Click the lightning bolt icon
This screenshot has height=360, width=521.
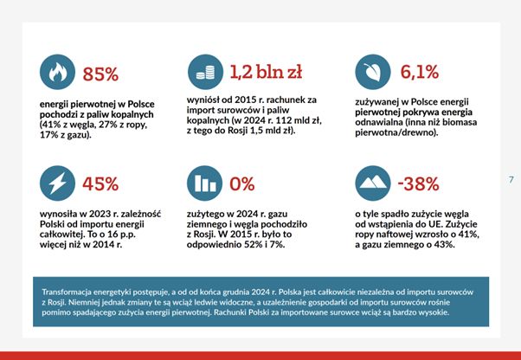point(56,183)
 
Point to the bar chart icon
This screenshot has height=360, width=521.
point(204,183)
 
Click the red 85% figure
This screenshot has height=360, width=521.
point(100,74)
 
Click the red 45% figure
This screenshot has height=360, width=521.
point(100,184)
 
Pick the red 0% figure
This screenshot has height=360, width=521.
point(241,184)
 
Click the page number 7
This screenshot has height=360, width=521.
point(511,179)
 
